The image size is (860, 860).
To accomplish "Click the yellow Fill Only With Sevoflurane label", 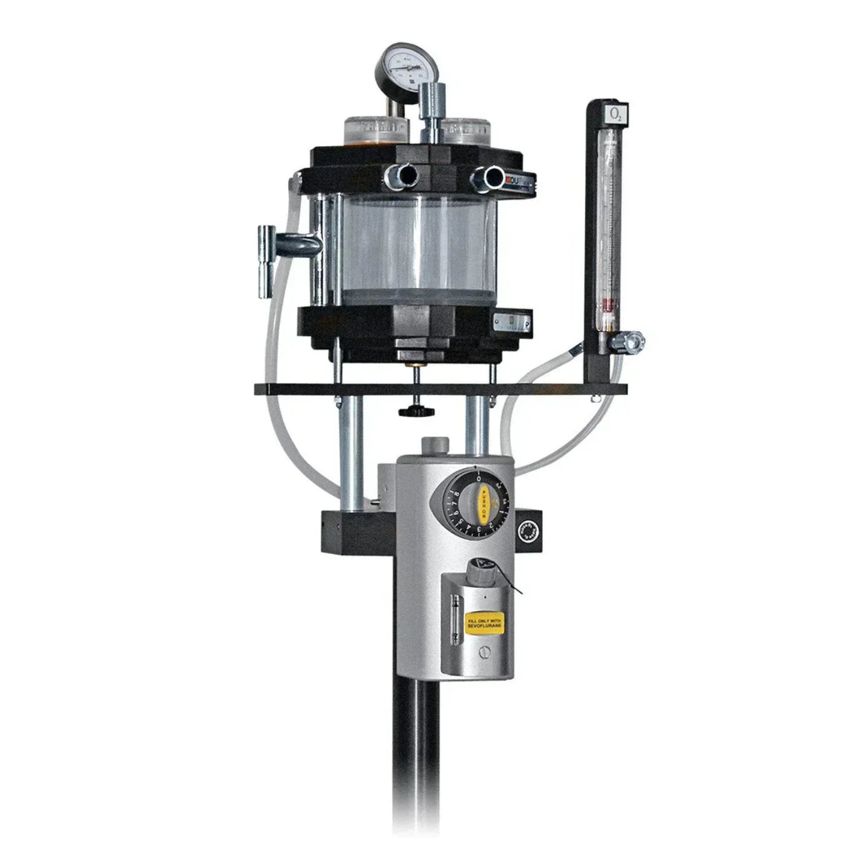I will [x=485, y=621].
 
